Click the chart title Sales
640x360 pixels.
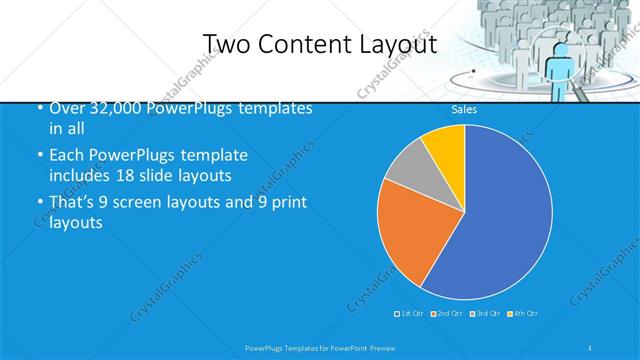(464, 109)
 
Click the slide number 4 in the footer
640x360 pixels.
(590, 347)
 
